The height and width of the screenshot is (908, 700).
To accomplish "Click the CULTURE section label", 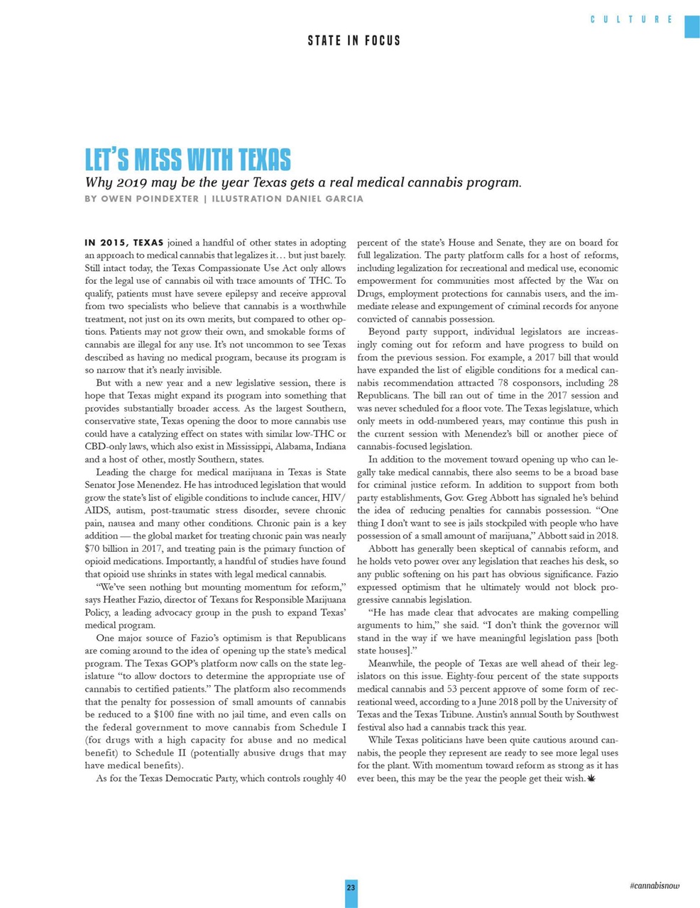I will click(x=631, y=19).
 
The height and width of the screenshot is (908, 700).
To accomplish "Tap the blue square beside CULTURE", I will click(x=691, y=26).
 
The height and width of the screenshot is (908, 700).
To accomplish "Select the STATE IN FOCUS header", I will click(x=354, y=40).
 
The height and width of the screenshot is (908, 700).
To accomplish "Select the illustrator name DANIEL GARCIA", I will click(x=324, y=199).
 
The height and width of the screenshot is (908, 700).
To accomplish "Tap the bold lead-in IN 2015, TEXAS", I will click(x=124, y=243).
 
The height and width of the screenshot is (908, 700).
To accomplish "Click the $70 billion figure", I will click(x=108, y=548).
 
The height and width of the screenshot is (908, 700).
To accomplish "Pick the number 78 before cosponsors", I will click(x=500, y=382).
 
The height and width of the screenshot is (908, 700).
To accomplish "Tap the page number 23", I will click(x=351, y=888).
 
